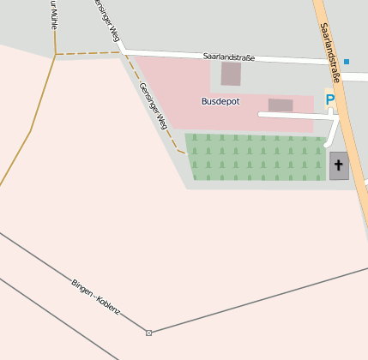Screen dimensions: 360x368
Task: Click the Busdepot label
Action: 220,101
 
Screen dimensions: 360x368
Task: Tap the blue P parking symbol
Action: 330,100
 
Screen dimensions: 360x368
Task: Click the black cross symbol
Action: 339,165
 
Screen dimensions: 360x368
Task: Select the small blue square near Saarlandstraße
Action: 347,62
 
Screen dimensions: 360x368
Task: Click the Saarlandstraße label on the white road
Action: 229,57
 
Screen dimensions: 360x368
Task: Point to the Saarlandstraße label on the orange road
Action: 330,51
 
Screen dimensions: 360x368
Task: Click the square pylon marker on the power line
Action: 149,333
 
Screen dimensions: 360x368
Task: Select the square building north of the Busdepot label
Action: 231,74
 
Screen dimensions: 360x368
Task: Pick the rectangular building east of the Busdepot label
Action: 281,105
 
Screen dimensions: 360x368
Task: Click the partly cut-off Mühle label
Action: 52,15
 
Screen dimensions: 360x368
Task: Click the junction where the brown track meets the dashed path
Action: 56,55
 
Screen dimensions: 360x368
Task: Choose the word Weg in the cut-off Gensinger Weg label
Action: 114,33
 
